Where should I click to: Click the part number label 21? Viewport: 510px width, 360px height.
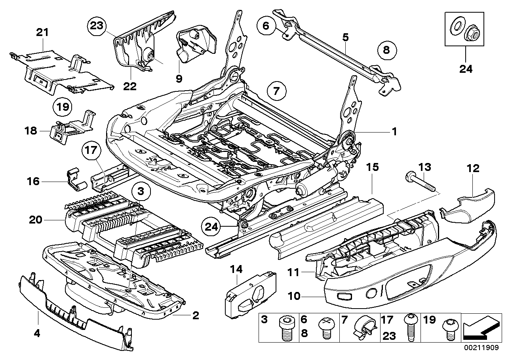click(x=42, y=32)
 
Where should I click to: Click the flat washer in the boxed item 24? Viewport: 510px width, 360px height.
click(x=457, y=27)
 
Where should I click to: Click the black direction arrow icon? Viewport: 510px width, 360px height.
click(x=480, y=328)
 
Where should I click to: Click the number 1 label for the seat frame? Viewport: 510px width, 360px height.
click(x=394, y=132)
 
